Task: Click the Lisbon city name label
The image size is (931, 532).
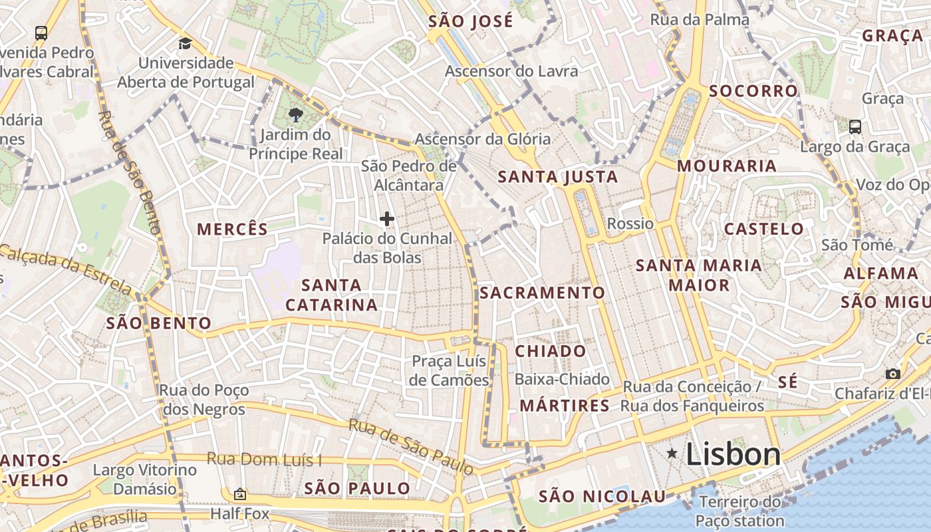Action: [733, 455]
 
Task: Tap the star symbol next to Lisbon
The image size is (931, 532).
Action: [672, 454]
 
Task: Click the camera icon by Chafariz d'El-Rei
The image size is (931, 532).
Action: [892, 374]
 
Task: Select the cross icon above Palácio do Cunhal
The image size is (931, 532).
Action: [386, 218]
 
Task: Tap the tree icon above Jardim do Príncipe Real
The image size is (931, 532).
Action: [296, 116]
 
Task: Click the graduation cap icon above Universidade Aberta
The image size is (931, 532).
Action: [184, 44]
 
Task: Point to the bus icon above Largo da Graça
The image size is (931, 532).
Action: [855, 126]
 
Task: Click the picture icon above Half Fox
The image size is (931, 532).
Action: [239, 495]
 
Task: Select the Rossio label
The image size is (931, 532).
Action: [630, 223]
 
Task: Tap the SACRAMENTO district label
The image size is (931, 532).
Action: [542, 293]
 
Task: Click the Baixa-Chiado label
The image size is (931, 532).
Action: [562, 379]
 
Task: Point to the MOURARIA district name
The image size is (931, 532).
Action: [727, 166]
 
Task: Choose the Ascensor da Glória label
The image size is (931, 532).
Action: [483, 139]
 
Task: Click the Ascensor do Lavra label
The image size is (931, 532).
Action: [511, 71]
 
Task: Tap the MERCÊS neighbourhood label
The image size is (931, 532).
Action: [232, 229]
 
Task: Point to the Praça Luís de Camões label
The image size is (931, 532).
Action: [450, 370]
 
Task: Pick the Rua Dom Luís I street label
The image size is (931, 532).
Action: [264, 459]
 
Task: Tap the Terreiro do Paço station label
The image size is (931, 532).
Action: [740, 511]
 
